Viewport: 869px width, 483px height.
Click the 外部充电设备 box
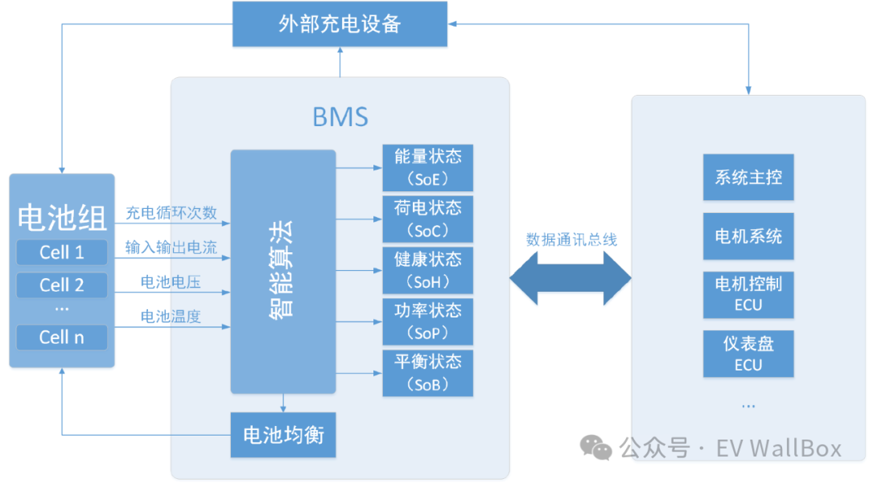click(340, 23)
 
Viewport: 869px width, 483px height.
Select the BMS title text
click(340, 117)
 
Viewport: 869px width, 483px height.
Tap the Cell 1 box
click(62, 252)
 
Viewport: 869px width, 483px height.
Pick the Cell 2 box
click(62, 285)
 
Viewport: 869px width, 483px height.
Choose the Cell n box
click(62, 337)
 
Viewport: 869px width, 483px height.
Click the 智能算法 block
click(282, 272)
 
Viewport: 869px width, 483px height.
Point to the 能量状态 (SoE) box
click(427, 167)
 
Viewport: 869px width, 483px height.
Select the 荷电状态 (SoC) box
click(427, 219)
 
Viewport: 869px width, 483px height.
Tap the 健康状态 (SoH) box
click(427, 270)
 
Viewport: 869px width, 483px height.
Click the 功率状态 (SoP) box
click(427, 321)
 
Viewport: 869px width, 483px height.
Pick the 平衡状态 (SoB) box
click(427, 373)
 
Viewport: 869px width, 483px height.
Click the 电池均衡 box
click(283, 436)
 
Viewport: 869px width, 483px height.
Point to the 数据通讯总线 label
click(571, 239)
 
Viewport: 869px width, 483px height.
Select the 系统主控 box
click(748, 177)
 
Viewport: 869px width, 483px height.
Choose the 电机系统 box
click(748, 236)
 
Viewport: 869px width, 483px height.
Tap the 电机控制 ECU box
click(748, 294)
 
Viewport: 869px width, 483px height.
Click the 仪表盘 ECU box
click(748, 354)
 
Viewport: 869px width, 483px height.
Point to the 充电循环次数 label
click(171, 214)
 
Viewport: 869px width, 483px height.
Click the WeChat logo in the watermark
click(596, 447)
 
